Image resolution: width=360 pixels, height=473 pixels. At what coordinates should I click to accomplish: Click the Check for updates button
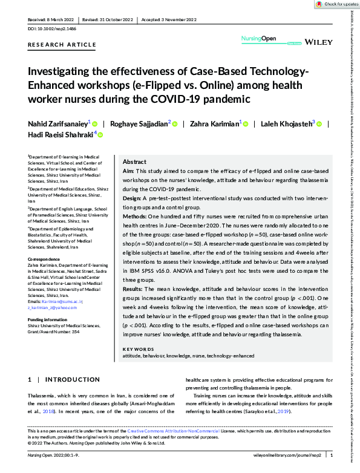pyautogui.click(x=336, y=4)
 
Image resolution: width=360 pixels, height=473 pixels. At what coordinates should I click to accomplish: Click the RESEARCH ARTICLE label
pyautogui.click(x=62, y=45)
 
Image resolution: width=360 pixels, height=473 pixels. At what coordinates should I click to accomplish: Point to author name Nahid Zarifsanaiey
pyautogui.click(x=59, y=123)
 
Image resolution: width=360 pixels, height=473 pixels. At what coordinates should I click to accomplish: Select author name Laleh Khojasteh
pyautogui.click(x=287, y=123)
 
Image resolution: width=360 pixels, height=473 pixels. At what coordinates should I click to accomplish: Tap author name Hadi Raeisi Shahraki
pyautogui.click(x=61, y=135)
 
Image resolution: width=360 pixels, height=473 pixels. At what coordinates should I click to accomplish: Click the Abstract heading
pyautogui.click(x=134, y=162)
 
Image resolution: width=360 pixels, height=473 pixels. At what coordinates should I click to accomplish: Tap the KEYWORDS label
pyautogui.click(x=139, y=349)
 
